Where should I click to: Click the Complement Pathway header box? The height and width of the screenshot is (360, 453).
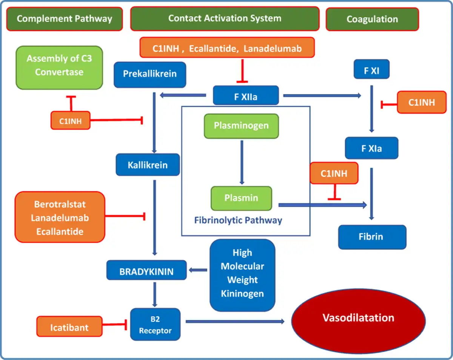tap(64, 19)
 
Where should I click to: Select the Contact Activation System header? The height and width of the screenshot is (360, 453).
tap(224, 18)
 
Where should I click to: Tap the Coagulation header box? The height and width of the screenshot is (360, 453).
tap(372, 19)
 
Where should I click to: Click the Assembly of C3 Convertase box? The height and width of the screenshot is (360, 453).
tap(59, 67)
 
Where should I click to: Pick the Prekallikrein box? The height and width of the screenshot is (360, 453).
tap(150, 73)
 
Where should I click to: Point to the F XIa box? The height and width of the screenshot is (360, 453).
tap(371, 148)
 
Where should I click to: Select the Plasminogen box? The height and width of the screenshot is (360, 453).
tap(241, 125)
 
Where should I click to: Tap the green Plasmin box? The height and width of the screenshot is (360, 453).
tap(241, 198)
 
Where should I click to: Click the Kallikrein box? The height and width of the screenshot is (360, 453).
tap(147, 165)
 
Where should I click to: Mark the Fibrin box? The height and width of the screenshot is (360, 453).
tap(372, 237)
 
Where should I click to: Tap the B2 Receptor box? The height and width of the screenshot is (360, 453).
tap(155, 325)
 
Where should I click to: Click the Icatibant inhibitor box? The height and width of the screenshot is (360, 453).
tap(69, 326)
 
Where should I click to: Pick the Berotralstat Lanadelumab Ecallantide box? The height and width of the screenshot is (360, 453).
tap(60, 218)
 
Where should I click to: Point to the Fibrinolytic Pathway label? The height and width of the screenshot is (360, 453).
tap(238, 220)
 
